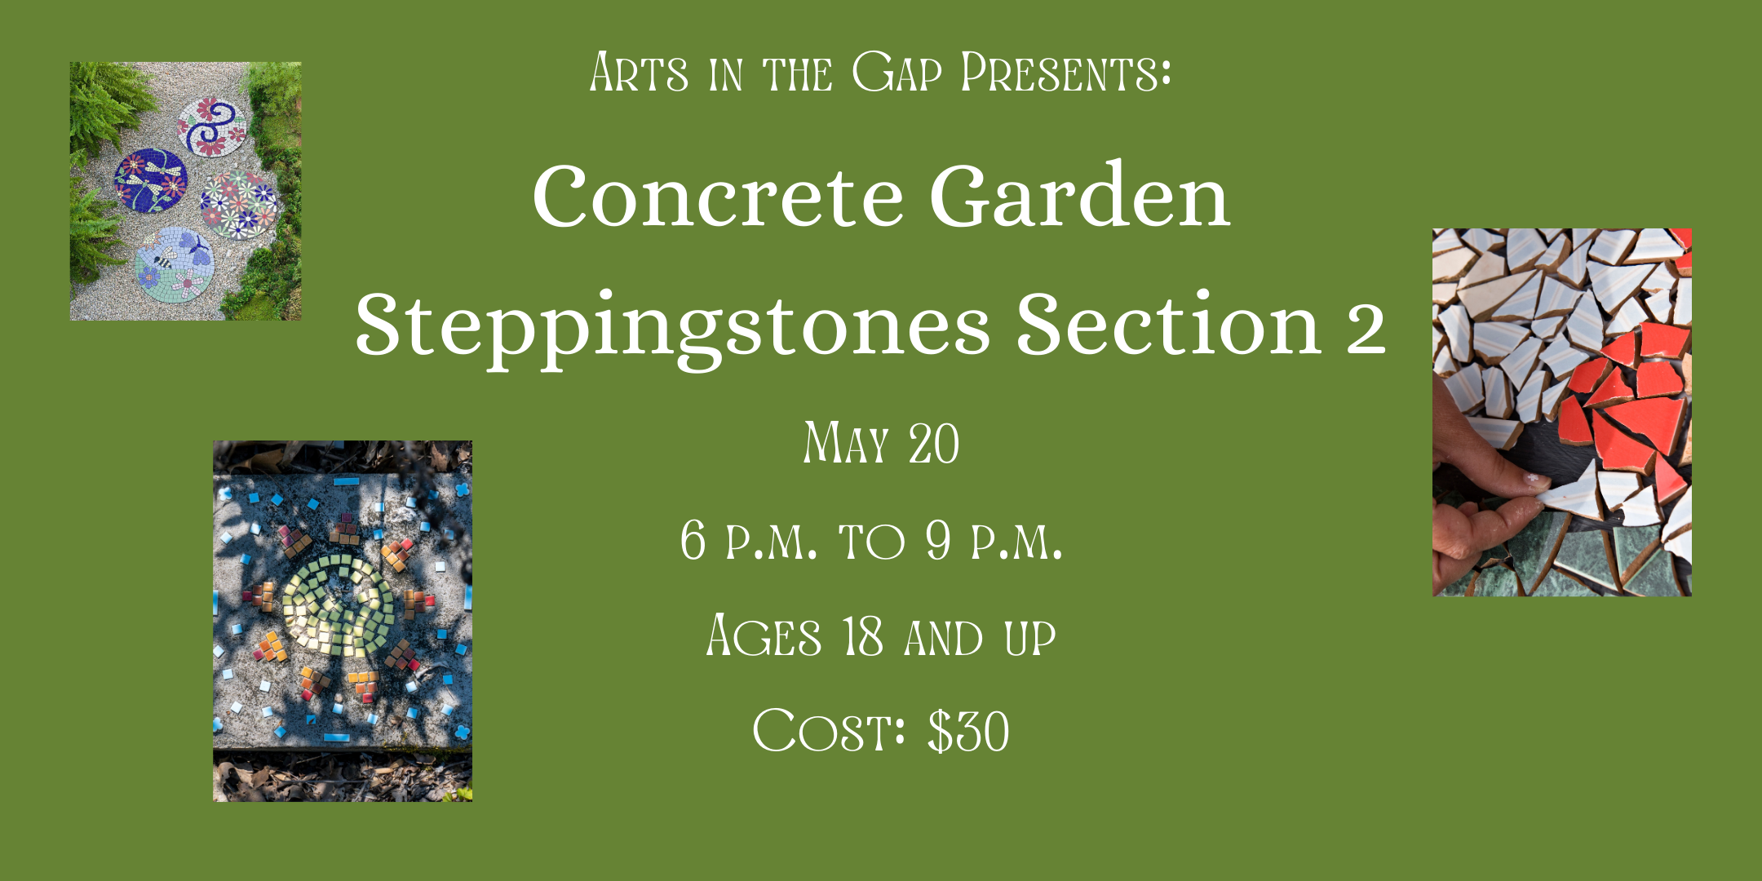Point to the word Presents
click(x=1066, y=73)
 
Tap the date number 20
click(x=934, y=444)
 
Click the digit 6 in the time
click(x=693, y=540)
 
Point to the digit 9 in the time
click(x=938, y=540)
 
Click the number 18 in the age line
click(x=862, y=636)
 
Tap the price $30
click(x=968, y=731)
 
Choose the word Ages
click(x=764, y=635)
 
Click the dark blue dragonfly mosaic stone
click(x=151, y=180)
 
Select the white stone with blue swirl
click(x=211, y=126)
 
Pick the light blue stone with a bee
click(x=175, y=263)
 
